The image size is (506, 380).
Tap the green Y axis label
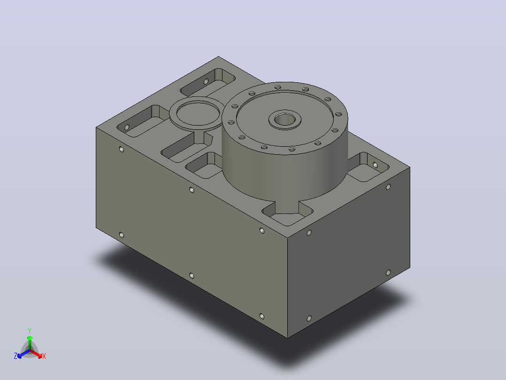click(30, 331)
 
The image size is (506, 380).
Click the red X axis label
click(44, 356)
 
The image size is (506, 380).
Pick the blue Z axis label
click(15, 356)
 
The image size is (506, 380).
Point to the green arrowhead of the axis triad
click(30, 338)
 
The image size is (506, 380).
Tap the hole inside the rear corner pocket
click(206, 81)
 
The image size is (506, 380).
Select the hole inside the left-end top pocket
click(127, 127)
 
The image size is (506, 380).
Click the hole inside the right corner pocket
click(375, 165)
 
